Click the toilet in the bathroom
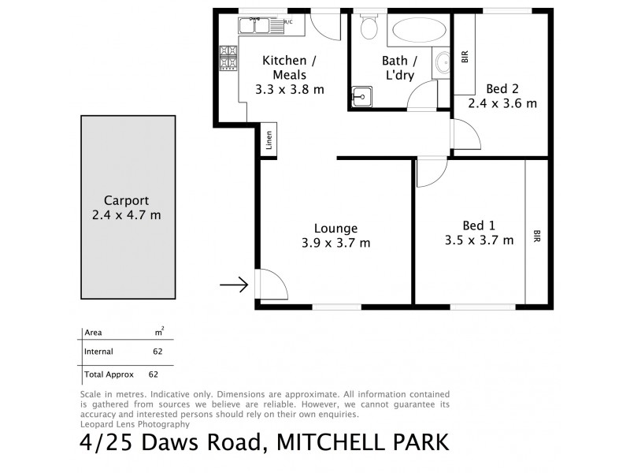click(x=368, y=29)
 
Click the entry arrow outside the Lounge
click(x=233, y=285)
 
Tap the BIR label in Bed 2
click(x=465, y=57)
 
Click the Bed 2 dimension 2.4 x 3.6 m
click(x=502, y=103)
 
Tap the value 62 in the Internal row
click(x=157, y=352)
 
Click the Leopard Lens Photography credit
click(x=135, y=423)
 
